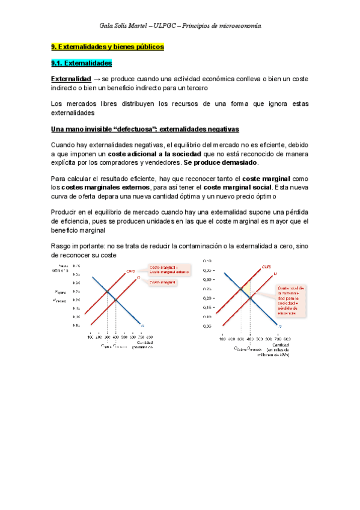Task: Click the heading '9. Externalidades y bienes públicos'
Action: (107, 46)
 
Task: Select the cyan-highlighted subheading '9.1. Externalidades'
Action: (82, 63)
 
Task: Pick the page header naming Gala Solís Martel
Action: (180, 26)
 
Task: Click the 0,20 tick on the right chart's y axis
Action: (207, 298)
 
